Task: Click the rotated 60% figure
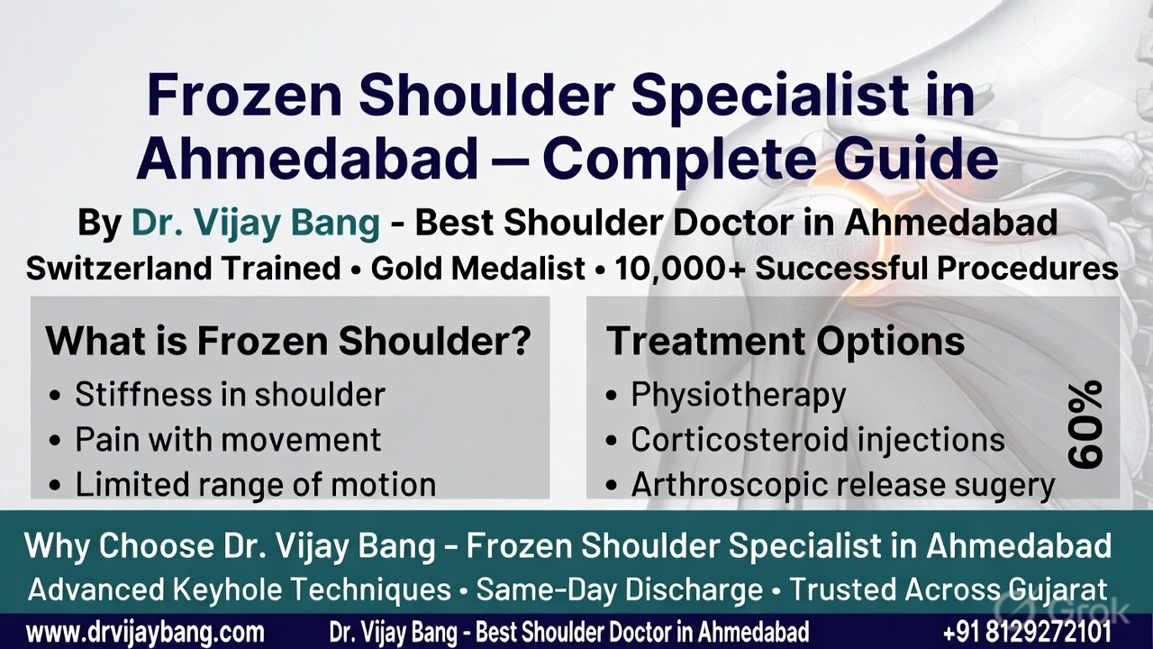[1085, 424]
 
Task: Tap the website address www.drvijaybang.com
[145, 631]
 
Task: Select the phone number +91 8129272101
[1027, 631]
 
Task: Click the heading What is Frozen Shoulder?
[288, 342]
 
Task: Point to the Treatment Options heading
[785, 342]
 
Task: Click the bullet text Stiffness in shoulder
[230, 394]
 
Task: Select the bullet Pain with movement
[228, 439]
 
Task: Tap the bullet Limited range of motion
[255, 485]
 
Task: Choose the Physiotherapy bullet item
[738, 394]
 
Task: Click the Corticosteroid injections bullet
[817, 439]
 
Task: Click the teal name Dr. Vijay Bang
[256, 223]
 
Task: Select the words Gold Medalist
[477, 268]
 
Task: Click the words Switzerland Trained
[183, 268]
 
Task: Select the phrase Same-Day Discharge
[620, 590]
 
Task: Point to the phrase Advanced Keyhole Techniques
[240, 590]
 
